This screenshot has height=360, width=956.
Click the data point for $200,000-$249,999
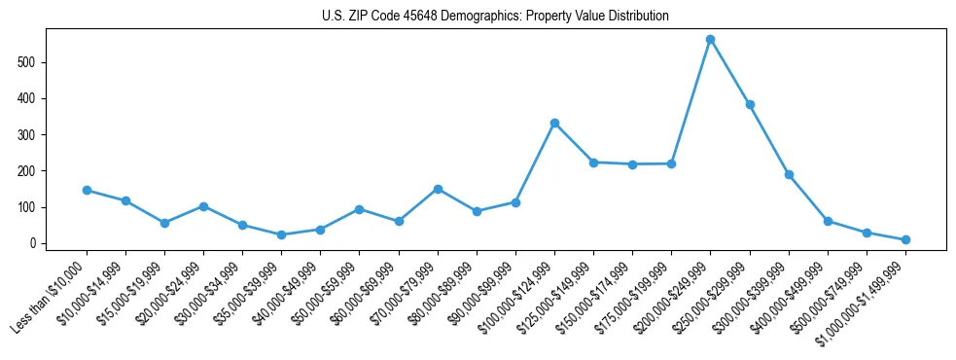point(710,40)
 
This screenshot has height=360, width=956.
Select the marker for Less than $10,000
point(87,191)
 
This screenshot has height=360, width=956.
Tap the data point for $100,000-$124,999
point(554,123)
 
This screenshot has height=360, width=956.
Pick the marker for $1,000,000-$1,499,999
point(905,239)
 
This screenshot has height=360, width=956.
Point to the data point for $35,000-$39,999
point(281,234)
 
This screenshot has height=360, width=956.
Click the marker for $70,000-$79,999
point(438,189)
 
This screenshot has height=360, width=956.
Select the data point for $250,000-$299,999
point(750,104)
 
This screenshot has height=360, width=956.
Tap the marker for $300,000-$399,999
point(789,175)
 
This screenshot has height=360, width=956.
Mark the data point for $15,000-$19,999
point(164,223)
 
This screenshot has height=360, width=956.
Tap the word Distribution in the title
point(637,17)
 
